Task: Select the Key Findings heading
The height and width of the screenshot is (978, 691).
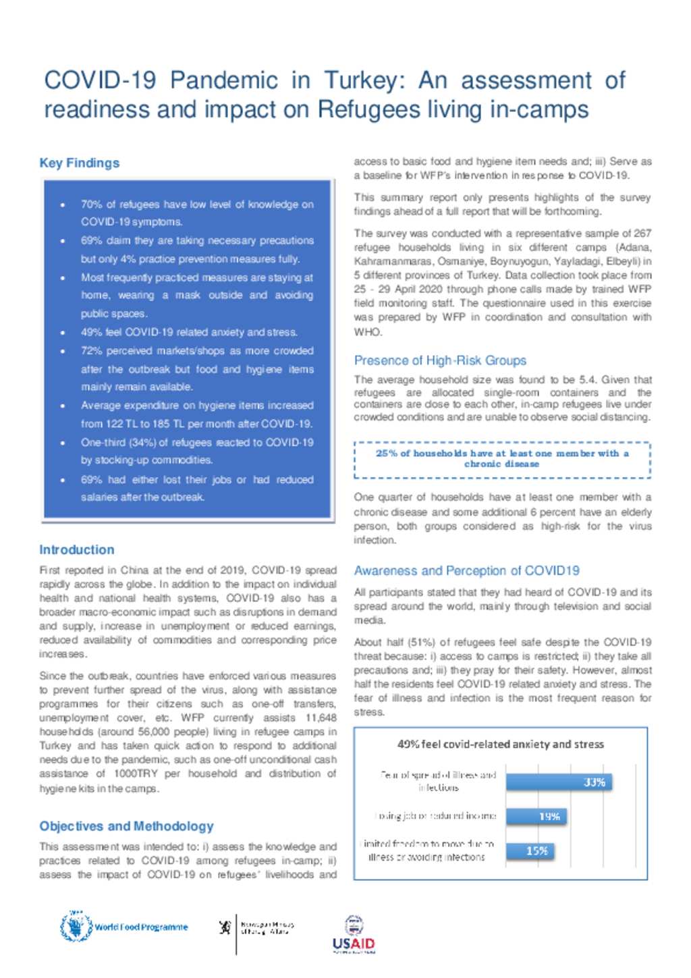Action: tap(79, 163)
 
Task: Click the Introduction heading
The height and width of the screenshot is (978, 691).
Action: tap(76, 549)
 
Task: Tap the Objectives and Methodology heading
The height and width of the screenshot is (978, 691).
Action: tap(126, 826)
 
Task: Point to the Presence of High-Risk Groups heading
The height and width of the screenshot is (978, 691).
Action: tap(440, 360)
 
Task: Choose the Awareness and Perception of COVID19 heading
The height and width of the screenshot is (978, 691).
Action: tap(466, 570)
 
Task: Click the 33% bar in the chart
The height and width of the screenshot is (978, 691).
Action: tap(559, 782)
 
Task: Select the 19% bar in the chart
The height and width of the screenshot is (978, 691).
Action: tap(536, 816)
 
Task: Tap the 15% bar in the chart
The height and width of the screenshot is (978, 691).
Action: tap(530, 850)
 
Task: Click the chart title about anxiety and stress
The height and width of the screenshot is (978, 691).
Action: tap(500, 744)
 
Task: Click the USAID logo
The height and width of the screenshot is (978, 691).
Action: tap(354, 935)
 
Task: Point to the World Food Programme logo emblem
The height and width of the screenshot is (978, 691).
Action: tap(76, 926)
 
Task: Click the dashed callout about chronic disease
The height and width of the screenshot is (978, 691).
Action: tap(502, 459)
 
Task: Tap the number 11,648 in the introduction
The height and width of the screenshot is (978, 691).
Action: tap(321, 718)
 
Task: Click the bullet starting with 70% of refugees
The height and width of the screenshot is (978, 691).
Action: tap(197, 213)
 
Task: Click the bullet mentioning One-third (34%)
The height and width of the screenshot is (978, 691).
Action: tap(197, 451)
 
